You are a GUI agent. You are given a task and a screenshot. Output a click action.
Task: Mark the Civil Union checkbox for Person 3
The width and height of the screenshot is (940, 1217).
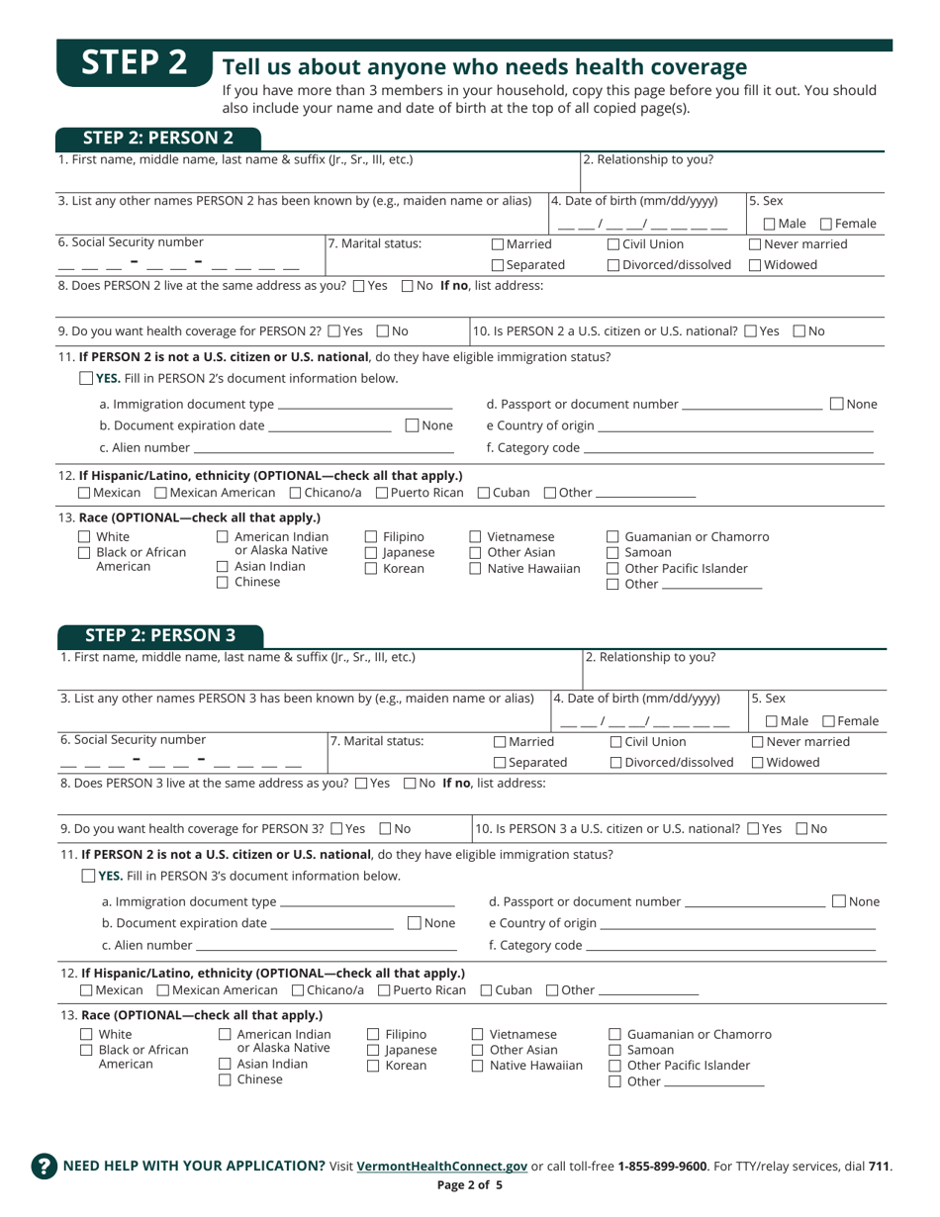point(614,742)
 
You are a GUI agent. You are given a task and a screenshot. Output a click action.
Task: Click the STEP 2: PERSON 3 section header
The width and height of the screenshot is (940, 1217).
point(158,635)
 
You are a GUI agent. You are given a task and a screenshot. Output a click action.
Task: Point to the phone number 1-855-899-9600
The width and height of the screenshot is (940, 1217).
point(662,1167)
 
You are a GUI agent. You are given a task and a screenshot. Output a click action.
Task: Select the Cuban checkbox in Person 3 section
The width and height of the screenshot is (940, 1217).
point(487,990)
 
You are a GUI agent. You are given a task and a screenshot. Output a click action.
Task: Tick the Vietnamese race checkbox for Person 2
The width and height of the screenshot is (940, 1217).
point(475,537)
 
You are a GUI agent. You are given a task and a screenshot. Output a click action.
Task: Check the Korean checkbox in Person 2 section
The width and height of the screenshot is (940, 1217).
point(372,569)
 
